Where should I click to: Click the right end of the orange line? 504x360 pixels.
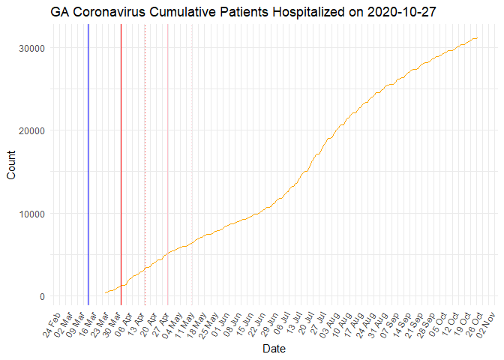point(478,38)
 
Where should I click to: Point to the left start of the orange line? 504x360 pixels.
point(105,292)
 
